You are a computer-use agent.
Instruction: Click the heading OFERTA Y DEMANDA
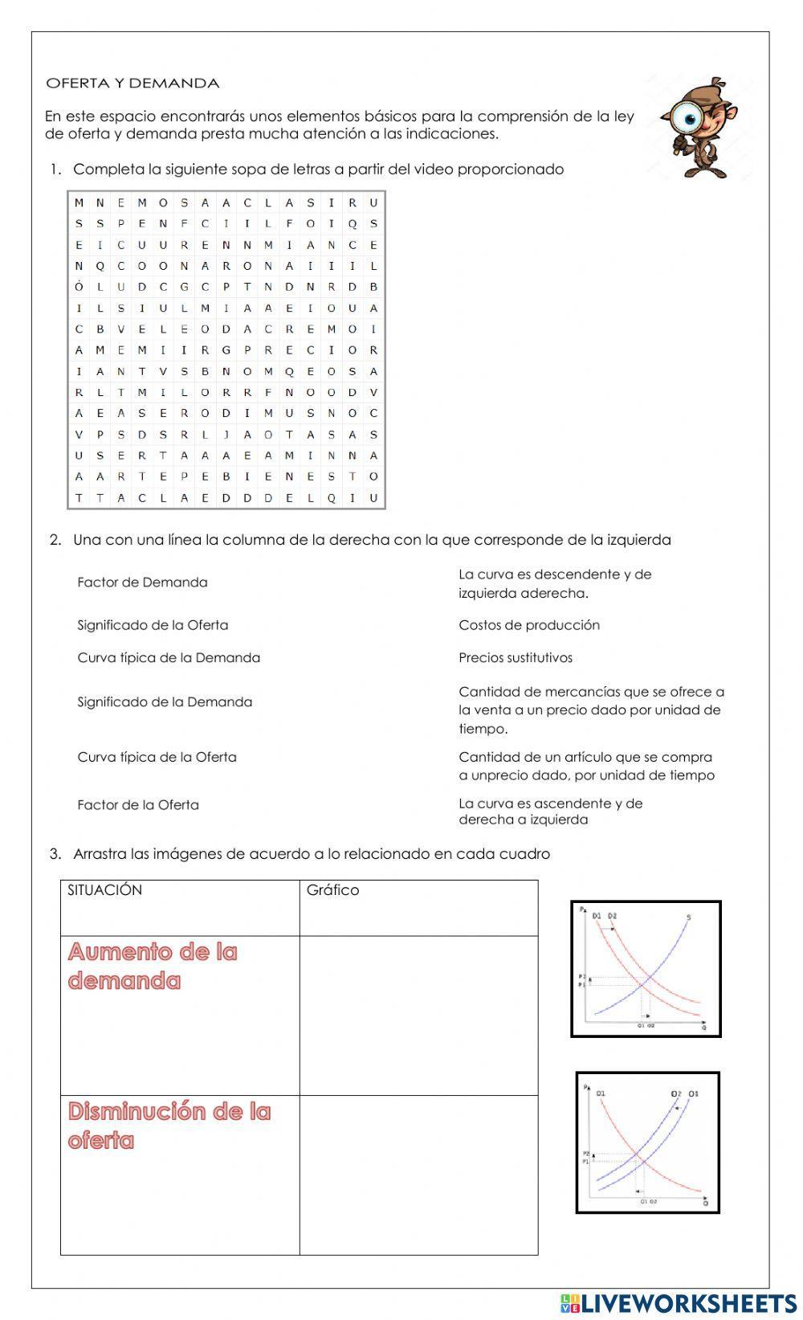pyautogui.click(x=132, y=84)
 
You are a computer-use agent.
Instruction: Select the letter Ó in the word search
pyautogui.click(x=79, y=287)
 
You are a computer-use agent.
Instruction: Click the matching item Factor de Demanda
pyautogui.click(x=142, y=582)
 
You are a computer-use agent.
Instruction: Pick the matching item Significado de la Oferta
pyautogui.click(x=153, y=625)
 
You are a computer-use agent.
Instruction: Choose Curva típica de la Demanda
pyautogui.click(x=169, y=658)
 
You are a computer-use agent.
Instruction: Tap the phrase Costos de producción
pyautogui.click(x=529, y=625)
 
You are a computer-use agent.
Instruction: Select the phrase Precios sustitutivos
pyautogui.click(x=516, y=658)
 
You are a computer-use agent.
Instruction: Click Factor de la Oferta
pyautogui.click(x=138, y=805)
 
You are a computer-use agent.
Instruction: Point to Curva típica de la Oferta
pyautogui.click(x=157, y=757)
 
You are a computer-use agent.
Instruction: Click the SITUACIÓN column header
pyautogui.click(x=105, y=890)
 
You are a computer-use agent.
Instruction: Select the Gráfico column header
pyautogui.click(x=332, y=890)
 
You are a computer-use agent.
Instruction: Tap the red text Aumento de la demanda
pyautogui.click(x=153, y=967)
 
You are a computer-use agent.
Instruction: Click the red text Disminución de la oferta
pyautogui.click(x=169, y=1126)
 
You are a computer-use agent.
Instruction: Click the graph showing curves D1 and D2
pyautogui.click(x=646, y=969)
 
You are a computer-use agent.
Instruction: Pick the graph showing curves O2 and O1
pyautogui.click(x=647, y=1142)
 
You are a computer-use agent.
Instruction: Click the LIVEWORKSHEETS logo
pyautogui.click(x=679, y=1302)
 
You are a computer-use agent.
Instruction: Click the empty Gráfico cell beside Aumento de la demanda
pyautogui.click(x=418, y=1015)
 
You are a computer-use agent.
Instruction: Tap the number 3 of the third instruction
pyautogui.click(x=54, y=854)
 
